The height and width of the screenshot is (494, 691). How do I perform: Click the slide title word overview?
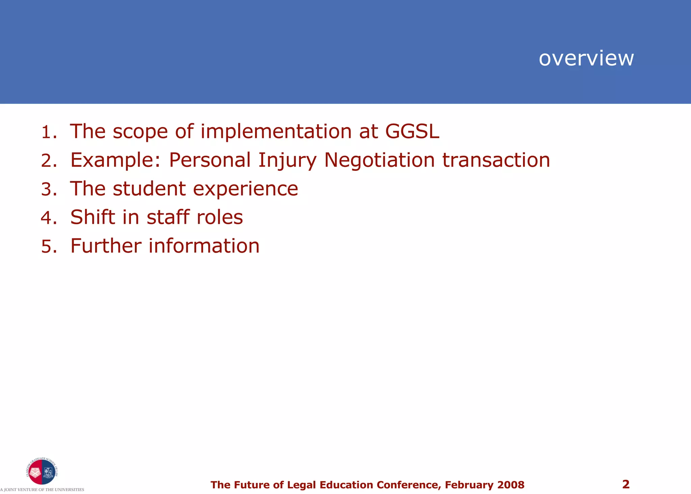586,58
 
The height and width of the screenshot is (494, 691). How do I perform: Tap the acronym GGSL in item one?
412,131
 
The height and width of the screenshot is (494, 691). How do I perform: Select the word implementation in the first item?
276,131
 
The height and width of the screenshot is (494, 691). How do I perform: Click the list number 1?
48,132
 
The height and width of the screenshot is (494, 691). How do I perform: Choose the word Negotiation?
379,160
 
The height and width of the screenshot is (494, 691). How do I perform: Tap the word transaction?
496,160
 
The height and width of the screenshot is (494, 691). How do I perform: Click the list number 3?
48,189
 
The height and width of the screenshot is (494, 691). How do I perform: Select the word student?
149,189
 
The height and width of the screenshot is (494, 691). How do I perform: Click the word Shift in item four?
92,217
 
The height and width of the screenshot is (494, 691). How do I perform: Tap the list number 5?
48,246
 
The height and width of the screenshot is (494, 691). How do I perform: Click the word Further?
106,246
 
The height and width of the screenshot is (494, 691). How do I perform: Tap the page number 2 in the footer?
626,484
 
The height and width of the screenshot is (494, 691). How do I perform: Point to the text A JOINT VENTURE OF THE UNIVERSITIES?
42,490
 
